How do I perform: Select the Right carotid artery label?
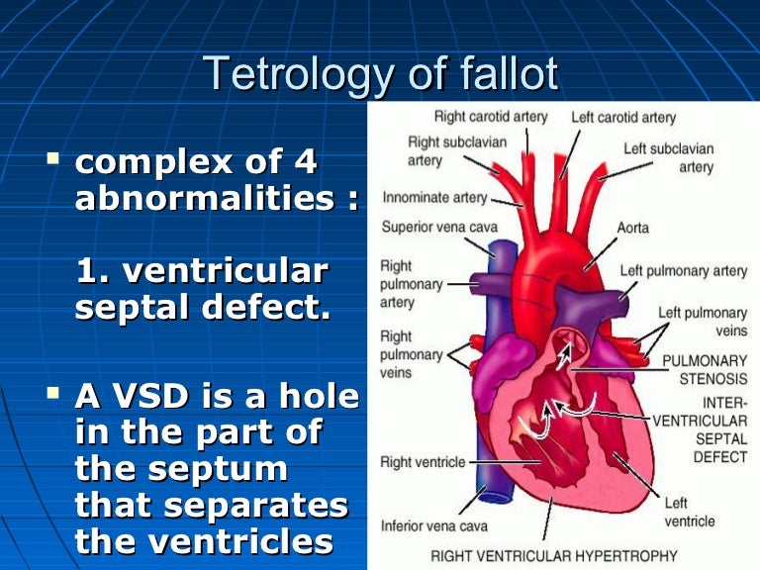(491, 117)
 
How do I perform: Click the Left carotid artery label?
(623, 118)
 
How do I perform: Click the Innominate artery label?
(434, 197)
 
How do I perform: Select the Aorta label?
(633, 228)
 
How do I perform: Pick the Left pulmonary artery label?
(684, 270)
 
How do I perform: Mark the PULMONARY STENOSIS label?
(705, 370)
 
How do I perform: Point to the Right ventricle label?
(423, 462)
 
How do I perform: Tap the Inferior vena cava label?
(432, 524)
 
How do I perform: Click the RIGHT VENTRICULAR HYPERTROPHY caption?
(554, 556)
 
